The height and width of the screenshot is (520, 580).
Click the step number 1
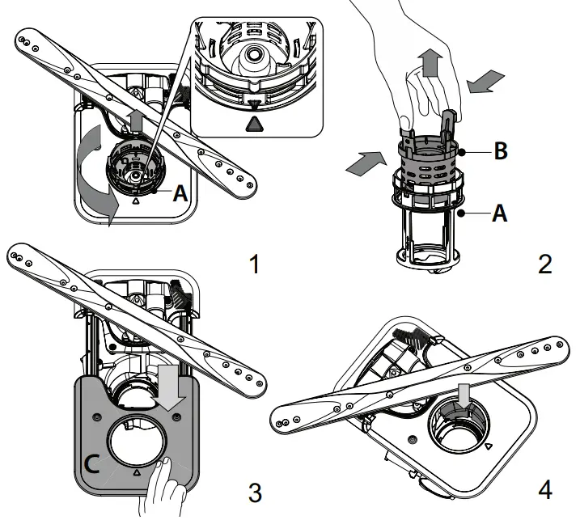[x=255, y=264]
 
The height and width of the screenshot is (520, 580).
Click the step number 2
[x=544, y=264]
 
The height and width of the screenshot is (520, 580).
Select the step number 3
[x=255, y=490]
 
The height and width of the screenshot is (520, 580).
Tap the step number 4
[x=544, y=490]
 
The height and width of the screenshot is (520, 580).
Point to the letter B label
[x=501, y=151]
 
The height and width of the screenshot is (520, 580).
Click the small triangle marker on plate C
[x=136, y=470]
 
